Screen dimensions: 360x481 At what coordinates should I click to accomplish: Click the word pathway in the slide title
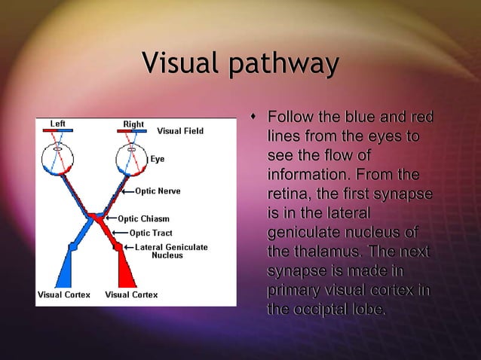point(283,66)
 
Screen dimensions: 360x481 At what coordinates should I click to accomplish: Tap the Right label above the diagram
point(133,124)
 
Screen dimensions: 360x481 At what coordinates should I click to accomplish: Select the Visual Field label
point(179,131)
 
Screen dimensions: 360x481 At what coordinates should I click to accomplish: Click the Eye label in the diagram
point(157,159)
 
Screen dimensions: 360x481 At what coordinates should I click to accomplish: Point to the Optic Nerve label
point(158,191)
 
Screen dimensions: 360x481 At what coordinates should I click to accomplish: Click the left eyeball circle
point(58,159)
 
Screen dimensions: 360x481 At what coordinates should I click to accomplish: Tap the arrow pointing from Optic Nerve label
point(127,191)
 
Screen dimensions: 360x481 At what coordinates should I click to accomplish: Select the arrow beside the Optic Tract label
point(122,233)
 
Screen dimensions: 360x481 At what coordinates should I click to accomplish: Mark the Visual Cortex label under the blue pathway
point(64,294)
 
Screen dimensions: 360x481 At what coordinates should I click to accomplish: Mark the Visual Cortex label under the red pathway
point(132,294)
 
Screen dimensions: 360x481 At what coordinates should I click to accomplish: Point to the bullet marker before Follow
point(253,117)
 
